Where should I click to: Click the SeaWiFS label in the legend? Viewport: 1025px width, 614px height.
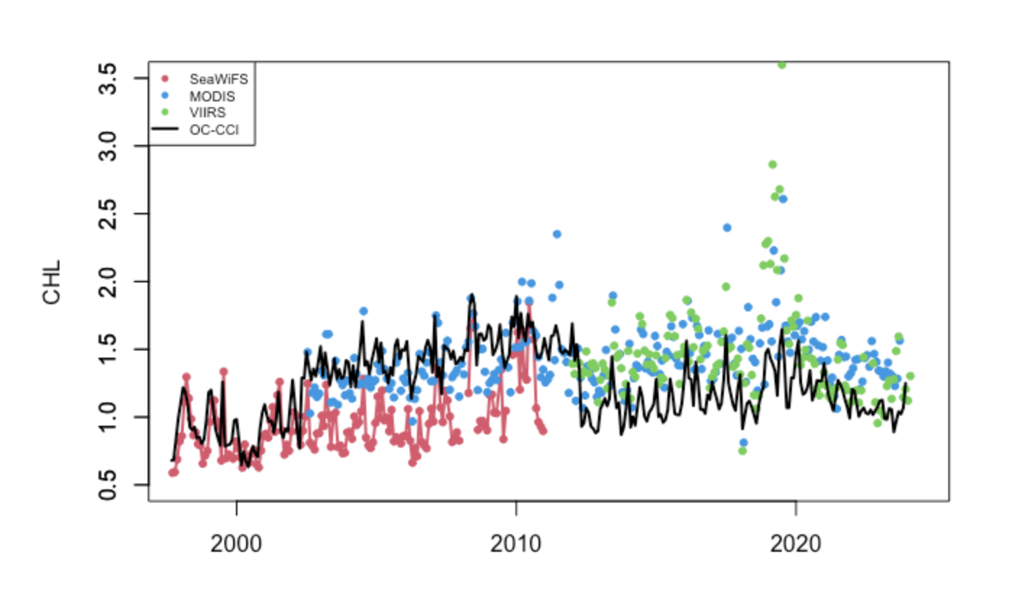[218, 79]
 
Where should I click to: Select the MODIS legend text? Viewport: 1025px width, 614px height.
[211, 96]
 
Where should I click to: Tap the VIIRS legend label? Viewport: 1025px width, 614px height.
[207, 113]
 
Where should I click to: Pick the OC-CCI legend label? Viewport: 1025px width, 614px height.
[214, 130]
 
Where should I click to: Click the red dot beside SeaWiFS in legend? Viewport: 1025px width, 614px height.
[165, 79]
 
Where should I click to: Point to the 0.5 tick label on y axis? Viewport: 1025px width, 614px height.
[108, 484]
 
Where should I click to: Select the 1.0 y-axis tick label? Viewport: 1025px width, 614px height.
[108, 417]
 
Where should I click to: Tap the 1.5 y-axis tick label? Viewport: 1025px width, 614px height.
[108, 349]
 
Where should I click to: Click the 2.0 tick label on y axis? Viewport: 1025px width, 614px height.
[108, 282]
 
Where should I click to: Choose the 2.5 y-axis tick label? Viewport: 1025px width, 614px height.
[108, 214]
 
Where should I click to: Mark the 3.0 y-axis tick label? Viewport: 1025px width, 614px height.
[108, 146]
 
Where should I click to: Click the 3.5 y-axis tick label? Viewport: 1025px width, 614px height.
[108, 79]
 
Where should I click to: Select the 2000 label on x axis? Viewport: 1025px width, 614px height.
[236, 544]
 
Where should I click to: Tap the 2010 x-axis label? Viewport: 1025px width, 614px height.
[516, 544]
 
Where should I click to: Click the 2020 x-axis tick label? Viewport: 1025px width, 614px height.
[796, 544]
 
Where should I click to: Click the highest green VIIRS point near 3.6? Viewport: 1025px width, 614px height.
[782, 65]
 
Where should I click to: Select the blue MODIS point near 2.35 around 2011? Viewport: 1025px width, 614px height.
[557, 234]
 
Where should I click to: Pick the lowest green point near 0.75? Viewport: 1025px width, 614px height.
[742, 451]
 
